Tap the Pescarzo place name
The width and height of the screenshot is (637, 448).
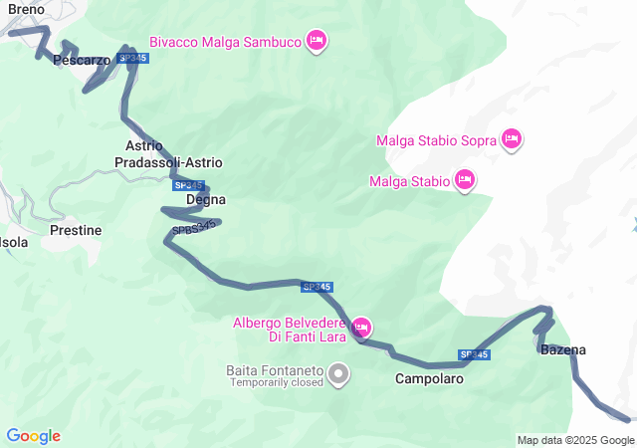[x=81, y=61]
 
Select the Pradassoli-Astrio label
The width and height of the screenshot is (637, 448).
[x=168, y=162]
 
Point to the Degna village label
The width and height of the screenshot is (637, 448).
[x=206, y=199]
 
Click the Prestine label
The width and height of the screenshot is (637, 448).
[x=76, y=230]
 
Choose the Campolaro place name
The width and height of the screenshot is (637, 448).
[x=429, y=378]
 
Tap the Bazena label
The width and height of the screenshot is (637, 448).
[x=562, y=349]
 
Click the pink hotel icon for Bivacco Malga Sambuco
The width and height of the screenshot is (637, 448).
[x=317, y=41]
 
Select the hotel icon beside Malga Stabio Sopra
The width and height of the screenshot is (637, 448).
[x=512, y=138]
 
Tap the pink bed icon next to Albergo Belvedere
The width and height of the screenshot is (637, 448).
[x=362, y=327]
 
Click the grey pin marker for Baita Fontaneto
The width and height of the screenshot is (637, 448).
[x=339, y=374]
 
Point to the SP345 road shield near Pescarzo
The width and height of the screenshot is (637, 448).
[x=132, y=59]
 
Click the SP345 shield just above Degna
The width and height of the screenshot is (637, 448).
[x=187, y=185]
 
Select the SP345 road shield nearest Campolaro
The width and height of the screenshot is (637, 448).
[x=474, y=354]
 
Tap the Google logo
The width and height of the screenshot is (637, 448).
[x=33, y=436]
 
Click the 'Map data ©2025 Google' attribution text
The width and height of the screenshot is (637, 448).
[x=575, y=440]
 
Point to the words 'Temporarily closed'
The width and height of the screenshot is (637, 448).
[x=274, y=382]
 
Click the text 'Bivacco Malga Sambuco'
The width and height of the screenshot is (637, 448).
[x=225, y=42]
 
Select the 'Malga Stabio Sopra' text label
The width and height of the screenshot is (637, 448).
[x=436, y=140]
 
